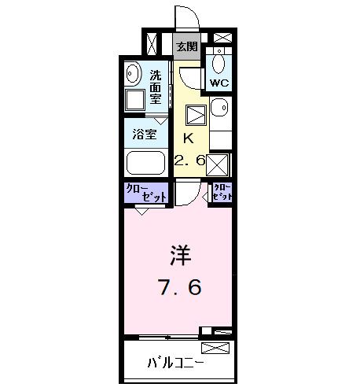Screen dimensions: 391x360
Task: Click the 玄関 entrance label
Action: click(186, 46)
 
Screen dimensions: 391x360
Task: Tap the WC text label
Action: click(219, 81)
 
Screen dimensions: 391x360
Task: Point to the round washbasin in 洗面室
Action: click(133, 72)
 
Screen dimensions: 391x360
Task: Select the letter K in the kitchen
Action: click(189, 138)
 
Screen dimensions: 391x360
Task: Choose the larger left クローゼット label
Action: click(146, 193)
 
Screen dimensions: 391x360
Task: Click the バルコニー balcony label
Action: click(176, 363)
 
